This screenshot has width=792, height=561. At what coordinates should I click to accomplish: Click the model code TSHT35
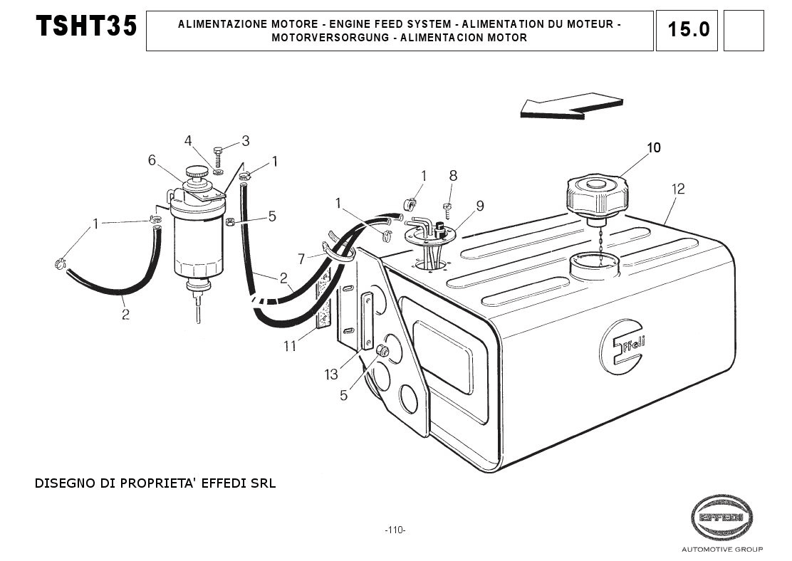click(x=86, y=26)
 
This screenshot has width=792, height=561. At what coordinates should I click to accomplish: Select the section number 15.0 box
click(x=689, y=30)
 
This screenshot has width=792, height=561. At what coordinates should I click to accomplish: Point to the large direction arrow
click(x=570, y=104)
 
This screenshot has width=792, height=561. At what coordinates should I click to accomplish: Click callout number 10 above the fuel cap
click(x=653, y=148)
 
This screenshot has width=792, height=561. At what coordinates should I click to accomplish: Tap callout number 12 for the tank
click(x=677, y=189)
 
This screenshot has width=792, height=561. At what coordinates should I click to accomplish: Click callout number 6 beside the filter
click(x=152, y=160)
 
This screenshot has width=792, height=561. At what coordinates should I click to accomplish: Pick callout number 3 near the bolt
click(x=245, y=140)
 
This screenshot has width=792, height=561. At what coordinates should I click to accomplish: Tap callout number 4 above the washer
click(x=188, y=140)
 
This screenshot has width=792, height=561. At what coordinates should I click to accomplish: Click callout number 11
click(x=290, y=347)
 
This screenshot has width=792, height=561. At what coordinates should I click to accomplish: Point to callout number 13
click(x=332, y=374)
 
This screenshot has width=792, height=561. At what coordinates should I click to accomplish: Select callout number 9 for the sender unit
click(x=480, y=206)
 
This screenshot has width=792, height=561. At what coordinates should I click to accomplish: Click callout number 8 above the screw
click(x=453, y=176)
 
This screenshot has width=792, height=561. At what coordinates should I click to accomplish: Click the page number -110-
click(x=395, y=530)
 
